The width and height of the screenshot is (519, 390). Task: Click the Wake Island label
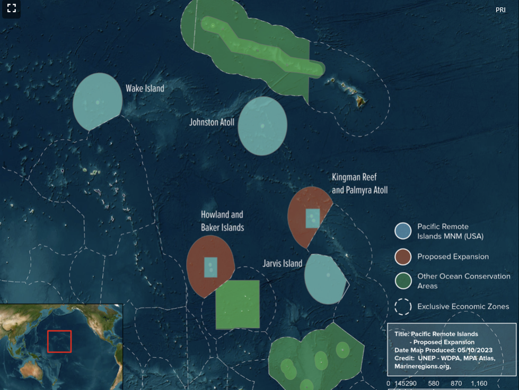click(x=145, y=89)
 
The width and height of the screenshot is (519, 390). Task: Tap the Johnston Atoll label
click(x=212, y=122)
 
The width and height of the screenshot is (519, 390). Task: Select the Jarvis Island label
click(x=283, y=263)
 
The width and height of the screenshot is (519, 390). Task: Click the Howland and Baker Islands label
click(x=222, y=221)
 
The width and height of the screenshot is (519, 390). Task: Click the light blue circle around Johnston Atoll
click(x=262, y=126)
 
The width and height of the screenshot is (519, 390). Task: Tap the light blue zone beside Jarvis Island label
click(x=324, y=279)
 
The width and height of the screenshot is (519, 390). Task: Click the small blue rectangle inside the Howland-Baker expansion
click(x=210, y=267)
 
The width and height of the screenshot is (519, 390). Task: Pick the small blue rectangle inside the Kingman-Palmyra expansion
click(x=313, y=218)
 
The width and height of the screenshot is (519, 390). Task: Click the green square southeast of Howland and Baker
click(x=237, y=304)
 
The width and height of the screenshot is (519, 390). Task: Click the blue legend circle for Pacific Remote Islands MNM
click(x=403, y=231)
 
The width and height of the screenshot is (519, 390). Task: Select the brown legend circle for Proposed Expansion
click(x=403, y=257)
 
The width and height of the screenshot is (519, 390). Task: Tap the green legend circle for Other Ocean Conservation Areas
click(x=403, y=281)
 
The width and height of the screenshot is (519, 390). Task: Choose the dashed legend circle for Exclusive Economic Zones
click(x=403, y=307)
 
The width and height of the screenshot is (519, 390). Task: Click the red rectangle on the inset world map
click(x=59, y=341)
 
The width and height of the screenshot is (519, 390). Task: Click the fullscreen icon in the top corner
click(x=11, y=8)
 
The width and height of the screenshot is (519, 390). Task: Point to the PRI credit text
click(x=500, y=10)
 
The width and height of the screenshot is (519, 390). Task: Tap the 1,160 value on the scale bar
click(x=478, y=383)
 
